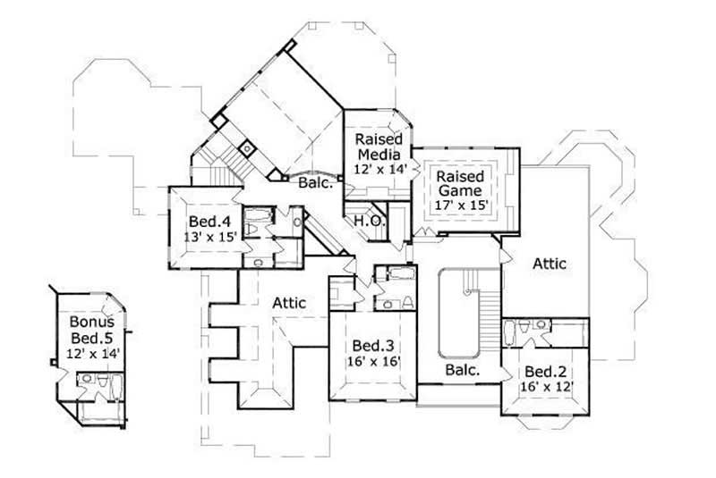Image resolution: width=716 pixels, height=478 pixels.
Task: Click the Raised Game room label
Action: click(460, 183)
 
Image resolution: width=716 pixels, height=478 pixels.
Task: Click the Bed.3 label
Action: click(370, 346)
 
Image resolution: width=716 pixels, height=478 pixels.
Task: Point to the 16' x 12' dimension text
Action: click(544, 387)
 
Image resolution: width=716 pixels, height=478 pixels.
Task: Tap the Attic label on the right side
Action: click(550, 264)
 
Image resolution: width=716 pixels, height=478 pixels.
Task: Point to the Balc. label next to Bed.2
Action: click(462, 368)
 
